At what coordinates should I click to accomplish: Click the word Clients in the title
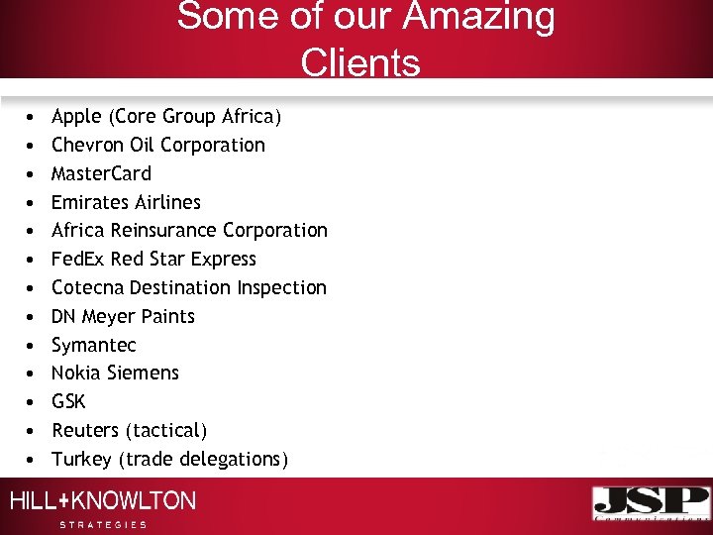360,62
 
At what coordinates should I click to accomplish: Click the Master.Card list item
101,173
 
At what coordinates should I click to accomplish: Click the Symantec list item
93,345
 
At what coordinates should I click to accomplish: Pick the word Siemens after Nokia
146,373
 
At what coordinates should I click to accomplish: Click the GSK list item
68,401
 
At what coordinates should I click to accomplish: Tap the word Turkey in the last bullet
81,459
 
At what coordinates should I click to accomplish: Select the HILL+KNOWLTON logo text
103,501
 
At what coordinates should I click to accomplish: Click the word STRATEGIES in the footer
103,524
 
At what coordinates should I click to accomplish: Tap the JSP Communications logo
651,503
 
